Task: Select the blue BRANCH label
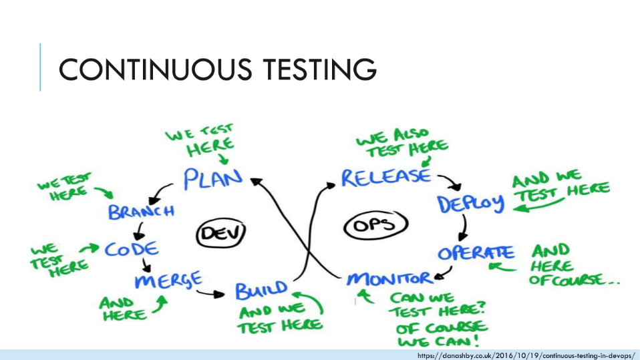tap(141, 212)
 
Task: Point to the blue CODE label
tap(132, 250)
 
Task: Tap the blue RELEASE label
tap(385, 177)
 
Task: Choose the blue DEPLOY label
tap(471, 204)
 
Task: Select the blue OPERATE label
tap(476, 253)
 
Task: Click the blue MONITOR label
tap(389, 278)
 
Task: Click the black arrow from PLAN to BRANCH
tap(160, 194)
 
